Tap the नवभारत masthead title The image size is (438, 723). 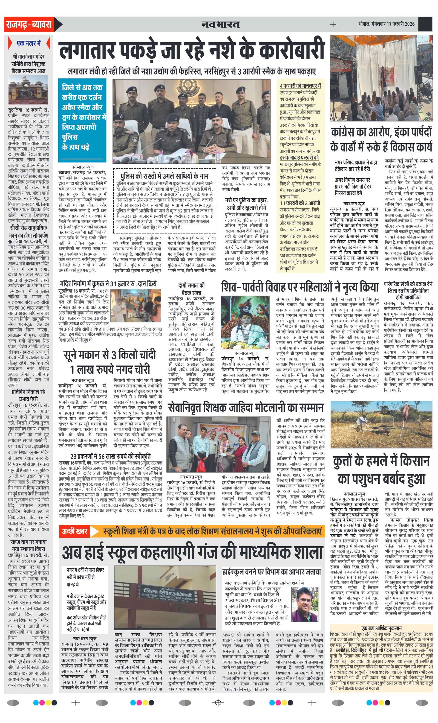[220, 24]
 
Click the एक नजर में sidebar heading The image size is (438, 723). [29, 43]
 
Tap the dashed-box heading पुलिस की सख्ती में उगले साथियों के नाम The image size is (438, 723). [165, 176]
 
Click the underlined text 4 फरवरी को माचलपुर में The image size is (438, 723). [300, 86]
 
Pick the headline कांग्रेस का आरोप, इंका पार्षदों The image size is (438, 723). [381, 133]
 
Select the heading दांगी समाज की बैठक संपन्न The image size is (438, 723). [191, 289]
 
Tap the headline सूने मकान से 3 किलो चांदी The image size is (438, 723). [110, 355]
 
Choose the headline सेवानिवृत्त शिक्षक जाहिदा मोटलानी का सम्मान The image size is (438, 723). [246, 407]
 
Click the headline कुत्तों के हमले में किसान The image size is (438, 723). [381, 461]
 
